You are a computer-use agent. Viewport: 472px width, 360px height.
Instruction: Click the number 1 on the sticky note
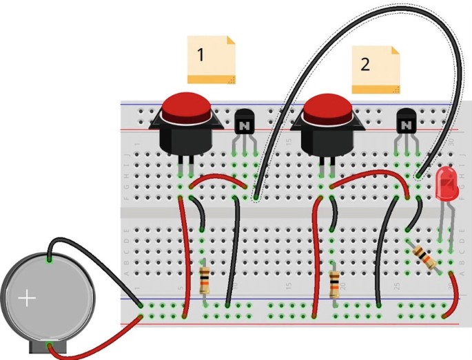[x=201, y=55]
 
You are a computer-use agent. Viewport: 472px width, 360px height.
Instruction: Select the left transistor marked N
[x=244, y=123]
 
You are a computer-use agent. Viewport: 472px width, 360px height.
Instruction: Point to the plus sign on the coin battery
[x=27, y=298]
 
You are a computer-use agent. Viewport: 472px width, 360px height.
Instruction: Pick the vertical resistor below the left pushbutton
[x=205, y=281]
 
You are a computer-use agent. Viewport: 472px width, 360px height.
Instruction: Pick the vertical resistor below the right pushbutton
[x=335, y=282]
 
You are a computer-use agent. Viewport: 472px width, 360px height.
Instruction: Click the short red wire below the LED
[x=454, y=303]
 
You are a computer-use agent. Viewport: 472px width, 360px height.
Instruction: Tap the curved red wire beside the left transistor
[x=217, y=177]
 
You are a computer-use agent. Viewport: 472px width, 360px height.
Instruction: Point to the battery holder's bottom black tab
[x=49, y=348]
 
